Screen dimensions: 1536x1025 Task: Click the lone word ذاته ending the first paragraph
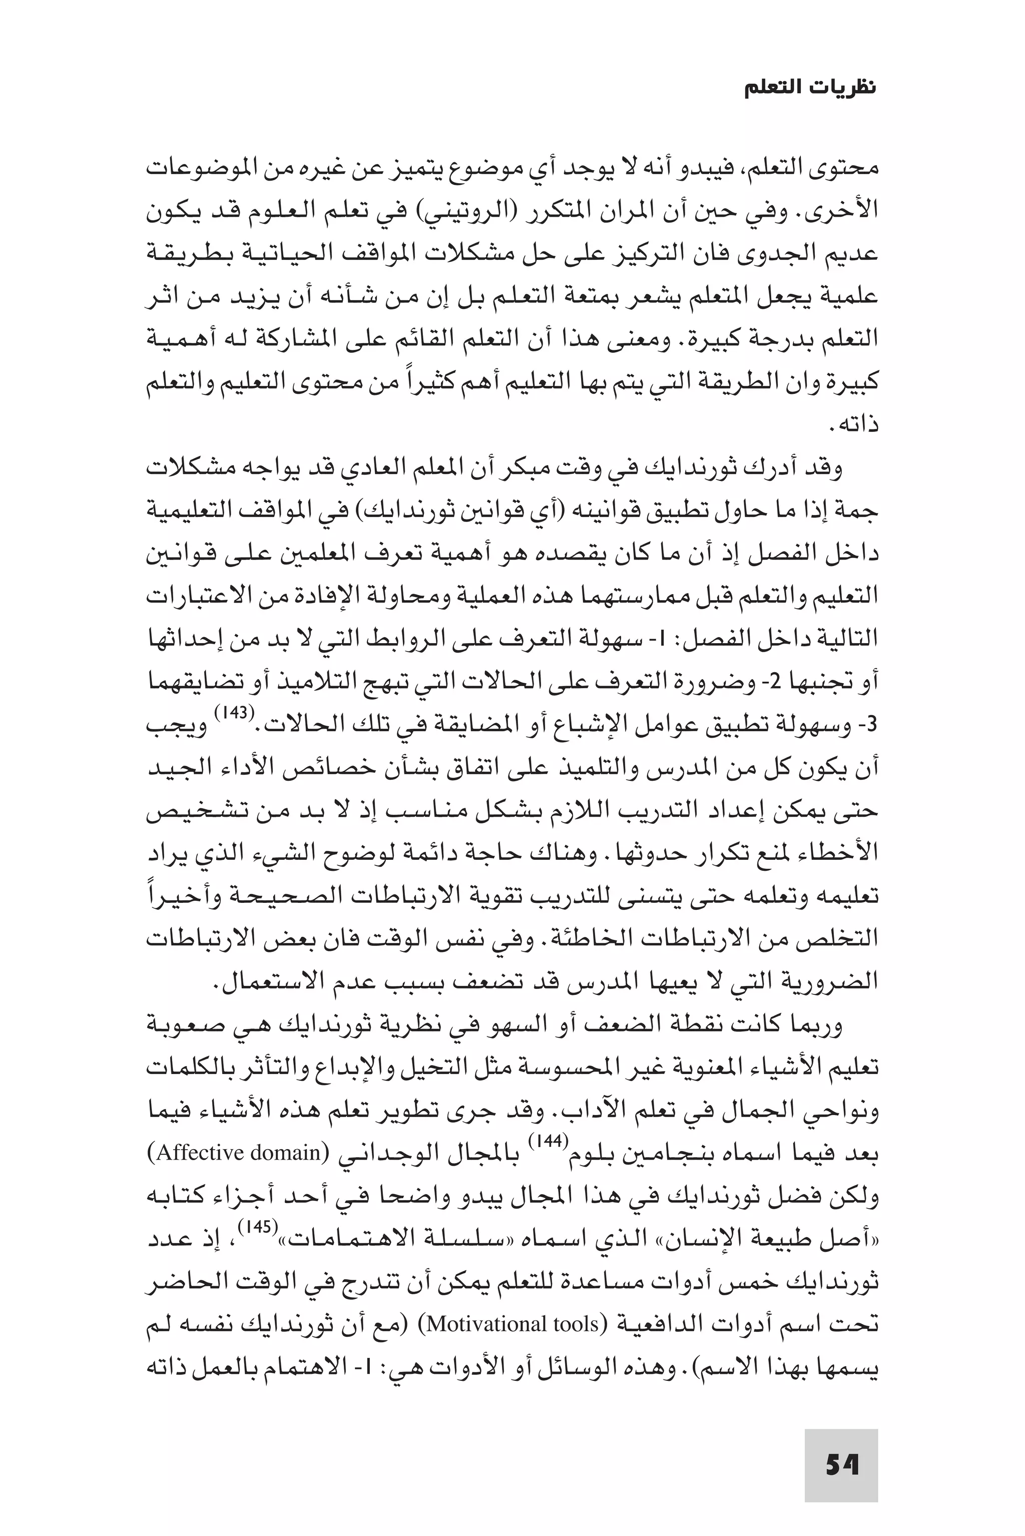[857, 425]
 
